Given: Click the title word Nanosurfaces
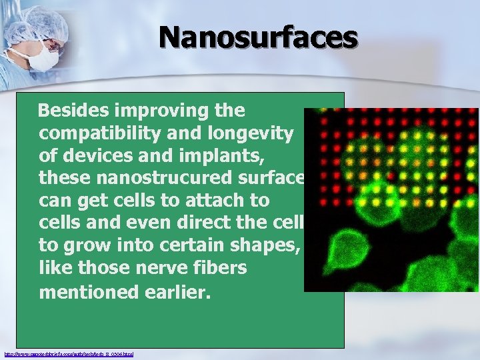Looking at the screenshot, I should click(x=258, y=38).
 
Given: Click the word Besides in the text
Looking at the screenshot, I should click(x=71, y=110).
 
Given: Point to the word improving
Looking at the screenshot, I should click(x=157, y=110).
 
